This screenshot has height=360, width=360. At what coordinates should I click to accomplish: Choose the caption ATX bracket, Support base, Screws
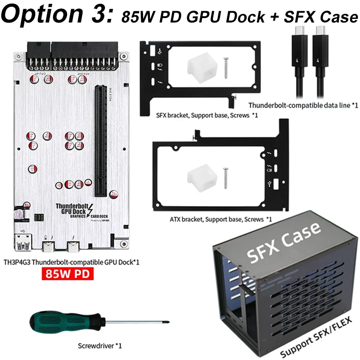click(221, 219)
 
